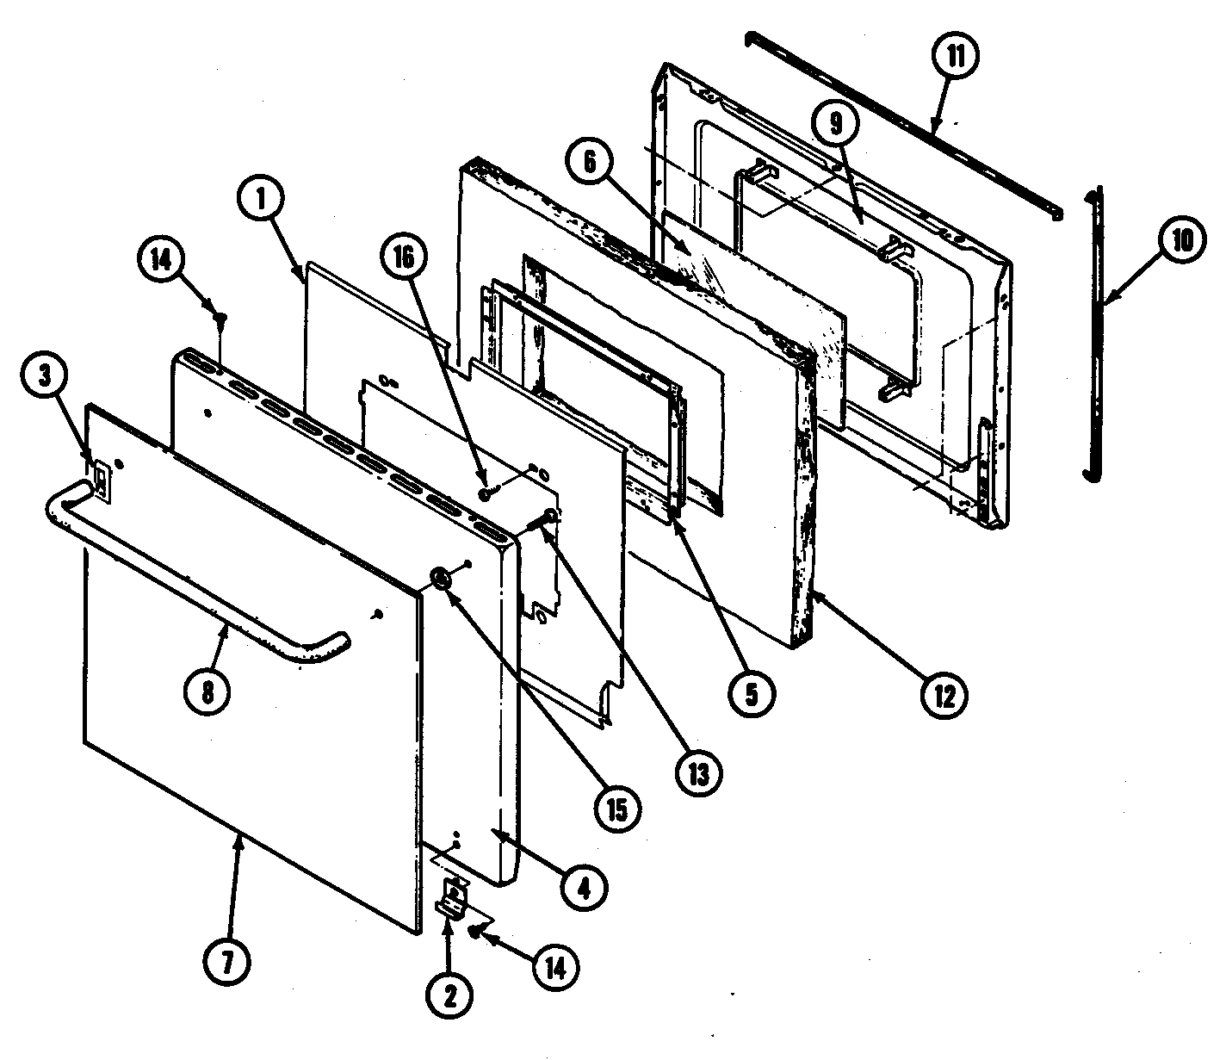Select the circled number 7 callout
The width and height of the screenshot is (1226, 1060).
click(x=227, y=958)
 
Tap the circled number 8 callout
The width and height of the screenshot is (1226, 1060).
click(x=207, y=691)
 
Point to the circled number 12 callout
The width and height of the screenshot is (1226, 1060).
click(x=944, y=693)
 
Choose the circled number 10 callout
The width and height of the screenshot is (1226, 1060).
click(x=1181, y=242)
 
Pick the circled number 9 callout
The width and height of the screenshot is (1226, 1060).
click(x=838, y=124)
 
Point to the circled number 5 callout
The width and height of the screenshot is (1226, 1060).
click(x=752, y=694)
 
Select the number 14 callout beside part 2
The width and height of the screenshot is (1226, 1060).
click(x=554, y=969)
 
